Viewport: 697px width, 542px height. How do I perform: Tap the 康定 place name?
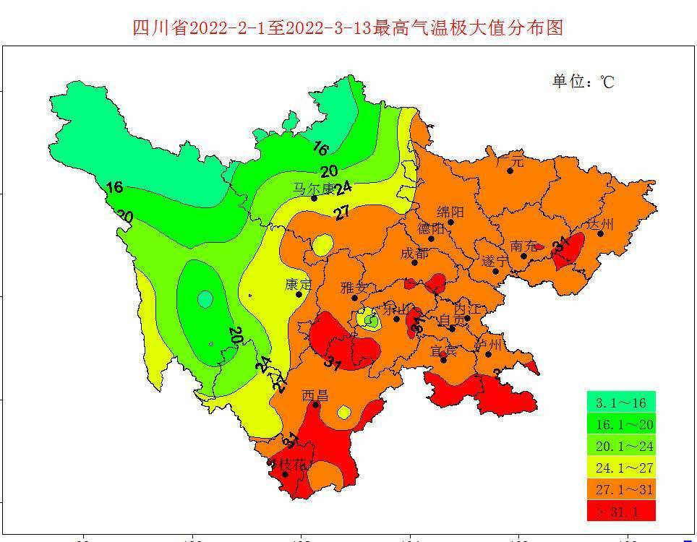click(x=299, y=284)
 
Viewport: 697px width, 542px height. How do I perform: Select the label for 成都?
click(x=414, y=254)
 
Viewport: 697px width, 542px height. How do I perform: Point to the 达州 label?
click(x=600, y=224)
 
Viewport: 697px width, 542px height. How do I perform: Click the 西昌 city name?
click(x=315, y=395)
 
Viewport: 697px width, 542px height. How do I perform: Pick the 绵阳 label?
click(x=450, y=212)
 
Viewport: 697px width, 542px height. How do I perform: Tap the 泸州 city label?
click(x=489, y=343)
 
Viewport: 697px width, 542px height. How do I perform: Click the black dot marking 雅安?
click(x=355, y=298)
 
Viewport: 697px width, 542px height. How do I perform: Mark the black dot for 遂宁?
click(x=495, y=271)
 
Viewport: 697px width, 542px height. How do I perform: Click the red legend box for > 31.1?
click(x=621, y=511)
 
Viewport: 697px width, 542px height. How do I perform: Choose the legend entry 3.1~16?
click(x=621, y=402)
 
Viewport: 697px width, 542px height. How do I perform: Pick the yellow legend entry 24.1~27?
click(x=621, y=468)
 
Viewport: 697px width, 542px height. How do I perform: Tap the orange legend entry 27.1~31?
click(x=621, y=489)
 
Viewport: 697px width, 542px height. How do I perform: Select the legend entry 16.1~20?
click(x=621, y=424)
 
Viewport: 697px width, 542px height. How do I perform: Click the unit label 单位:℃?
click(x=583, y=81)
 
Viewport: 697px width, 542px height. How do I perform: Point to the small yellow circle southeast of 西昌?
click(x=344, y=412)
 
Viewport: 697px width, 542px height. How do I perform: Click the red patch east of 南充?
click(x=569, y=250)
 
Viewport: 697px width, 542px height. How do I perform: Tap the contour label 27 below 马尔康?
click(x=341, y=212)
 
